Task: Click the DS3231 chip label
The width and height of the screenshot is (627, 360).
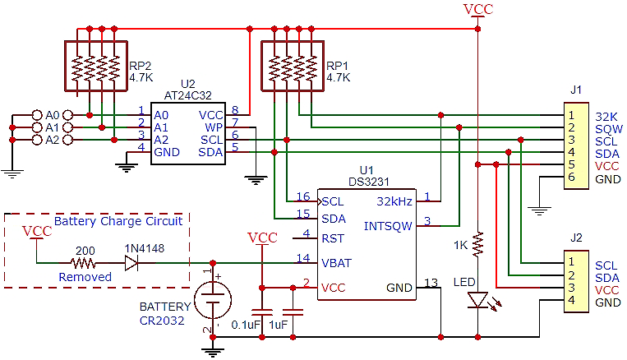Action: tap(367, 182)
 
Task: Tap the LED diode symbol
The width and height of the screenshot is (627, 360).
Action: tap(477, 301)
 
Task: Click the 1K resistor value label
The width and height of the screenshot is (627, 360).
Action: tap(461, 245)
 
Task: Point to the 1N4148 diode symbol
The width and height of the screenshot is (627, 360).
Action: tap(131, 264)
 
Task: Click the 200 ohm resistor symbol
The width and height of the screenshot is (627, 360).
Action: tap(83, 264)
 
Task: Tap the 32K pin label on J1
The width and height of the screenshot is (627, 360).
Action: tap(606, 116)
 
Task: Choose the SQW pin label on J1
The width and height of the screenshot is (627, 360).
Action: tap(608, 128)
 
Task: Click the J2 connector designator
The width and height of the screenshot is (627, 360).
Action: tap(576, 238)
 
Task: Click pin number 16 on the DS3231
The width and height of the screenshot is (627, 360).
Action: tap(303, 196)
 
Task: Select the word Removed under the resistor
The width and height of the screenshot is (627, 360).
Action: tap(85, 277)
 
